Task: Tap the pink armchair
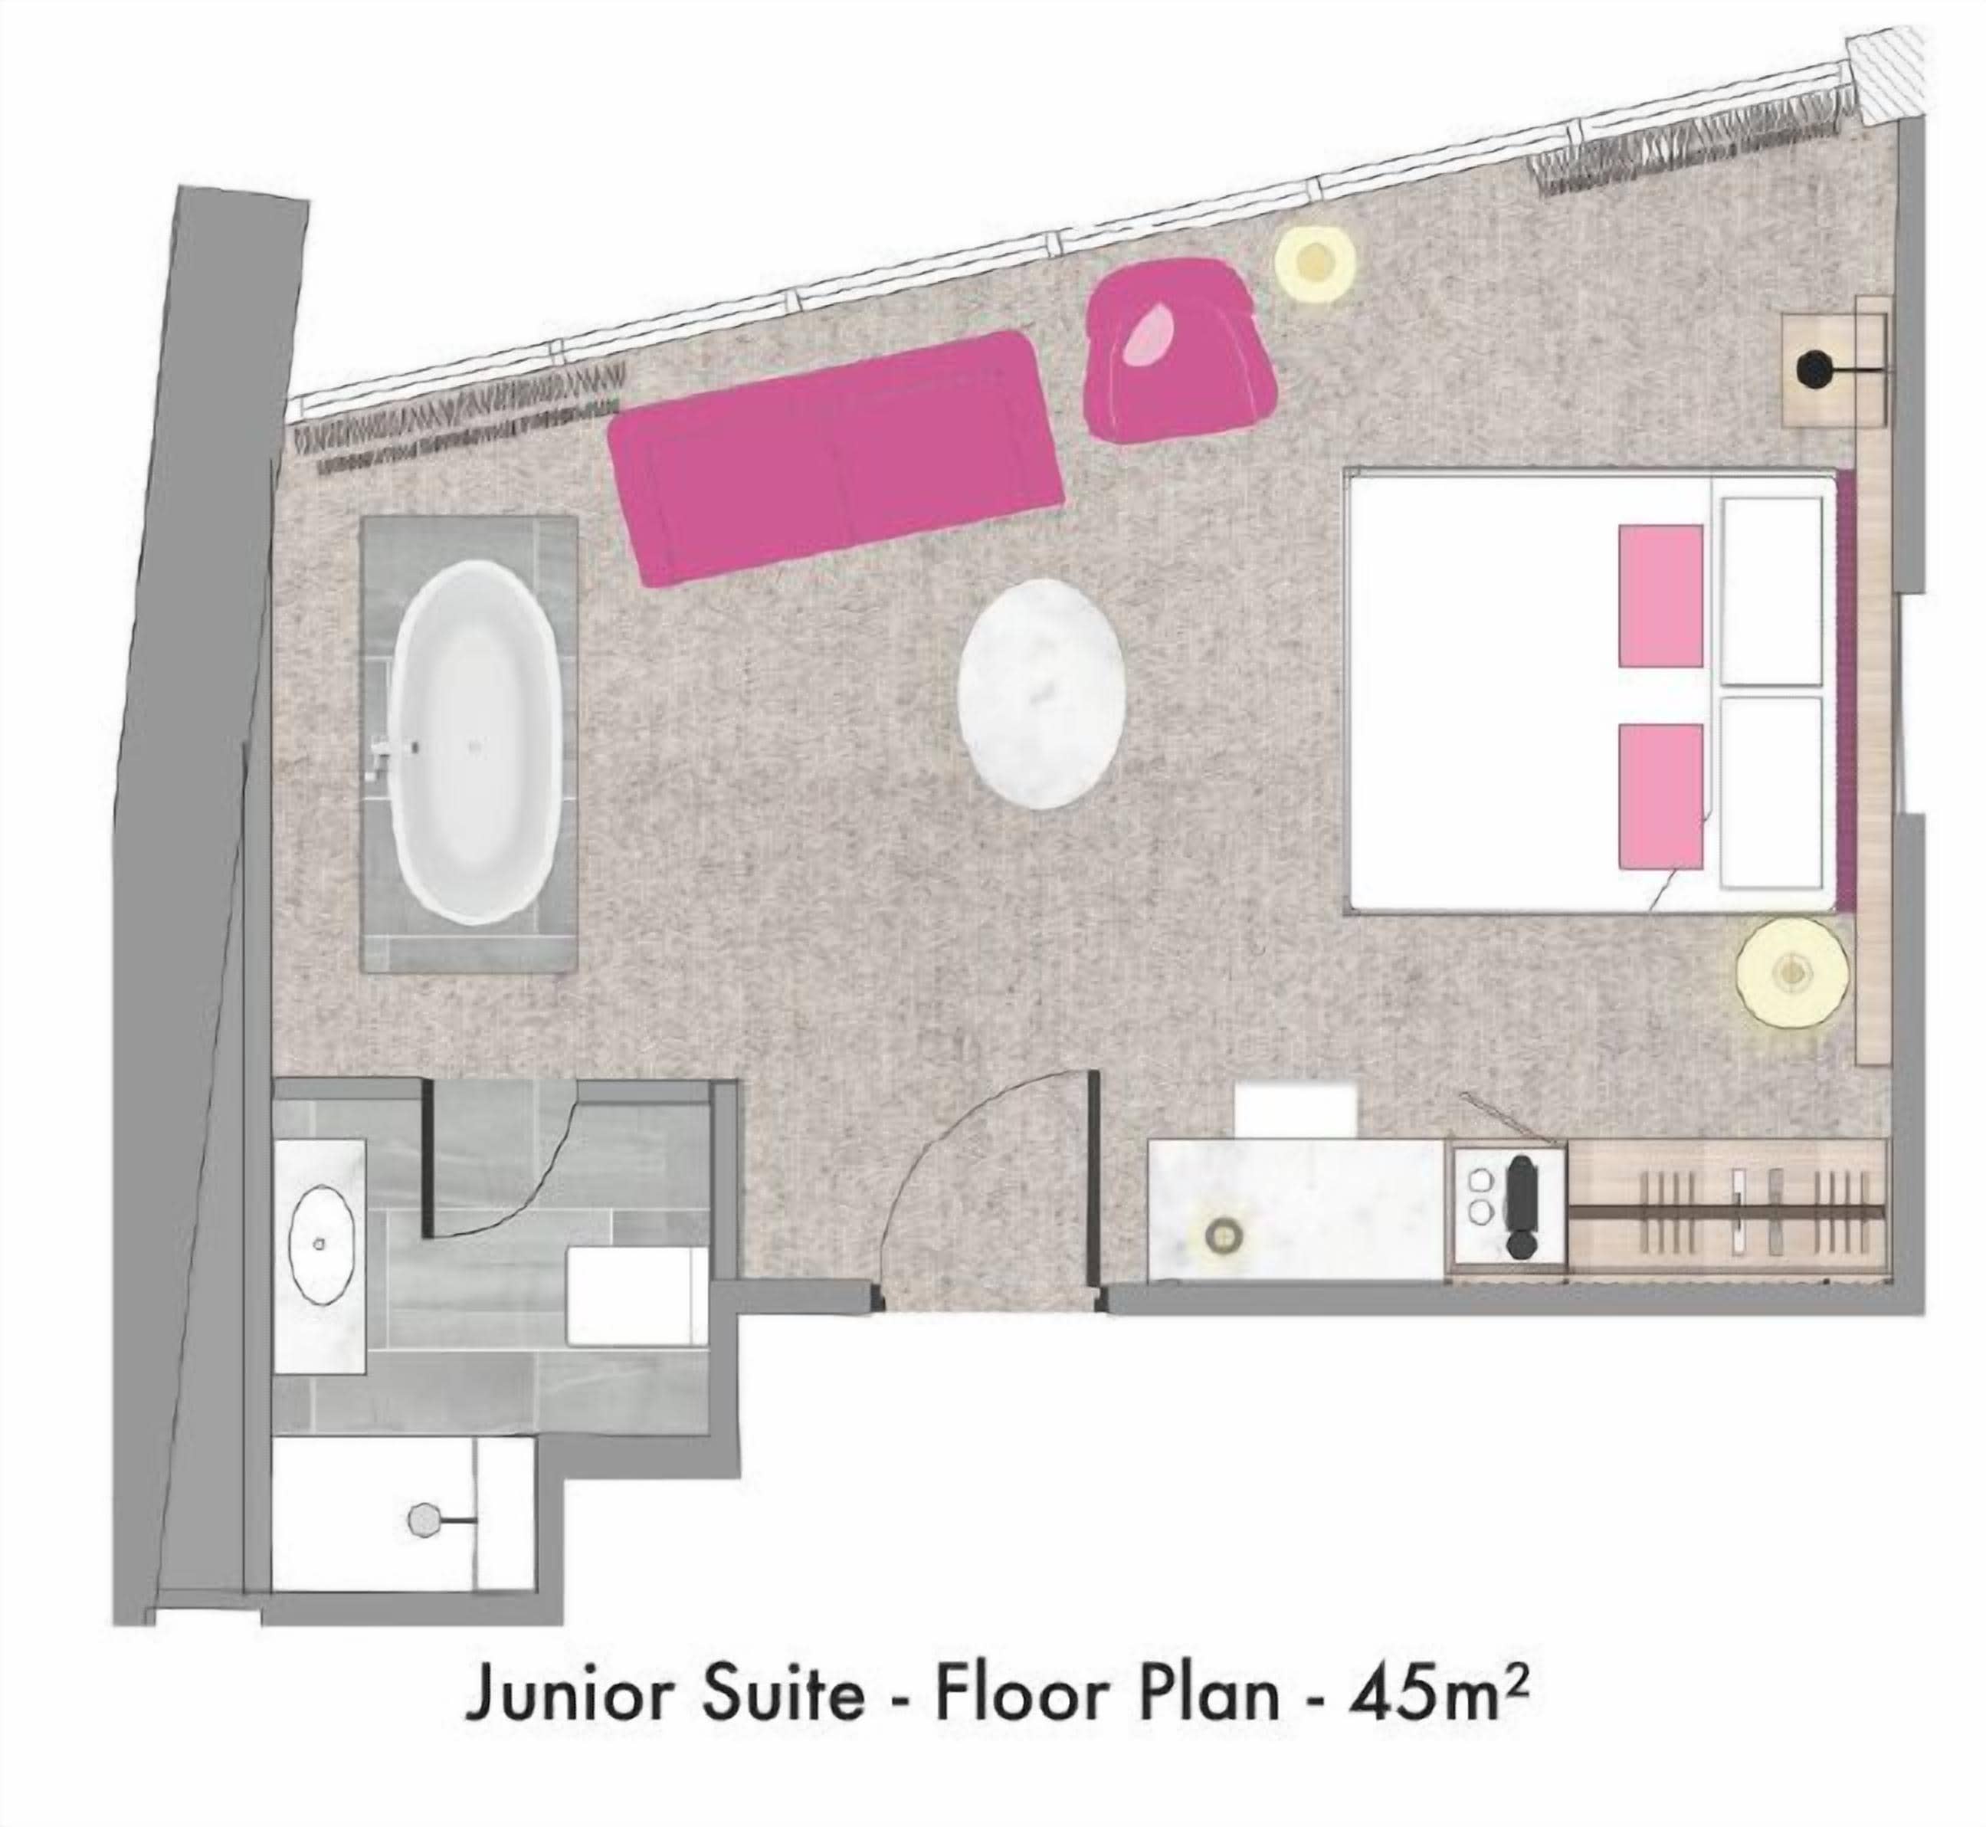click(x=1175, y=356)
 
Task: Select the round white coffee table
click(x=1042, y=688)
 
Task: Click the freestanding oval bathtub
click(x=476, y=742)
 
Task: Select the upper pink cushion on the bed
click(x=1660, y=595)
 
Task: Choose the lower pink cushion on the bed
click(x=1660, y=795)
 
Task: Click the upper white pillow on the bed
click(x=1771, y=590)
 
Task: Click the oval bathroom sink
click(x=320, y=1244)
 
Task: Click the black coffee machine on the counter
click(x=1520, y=1206)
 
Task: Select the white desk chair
click(x=1296, y=1109)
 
